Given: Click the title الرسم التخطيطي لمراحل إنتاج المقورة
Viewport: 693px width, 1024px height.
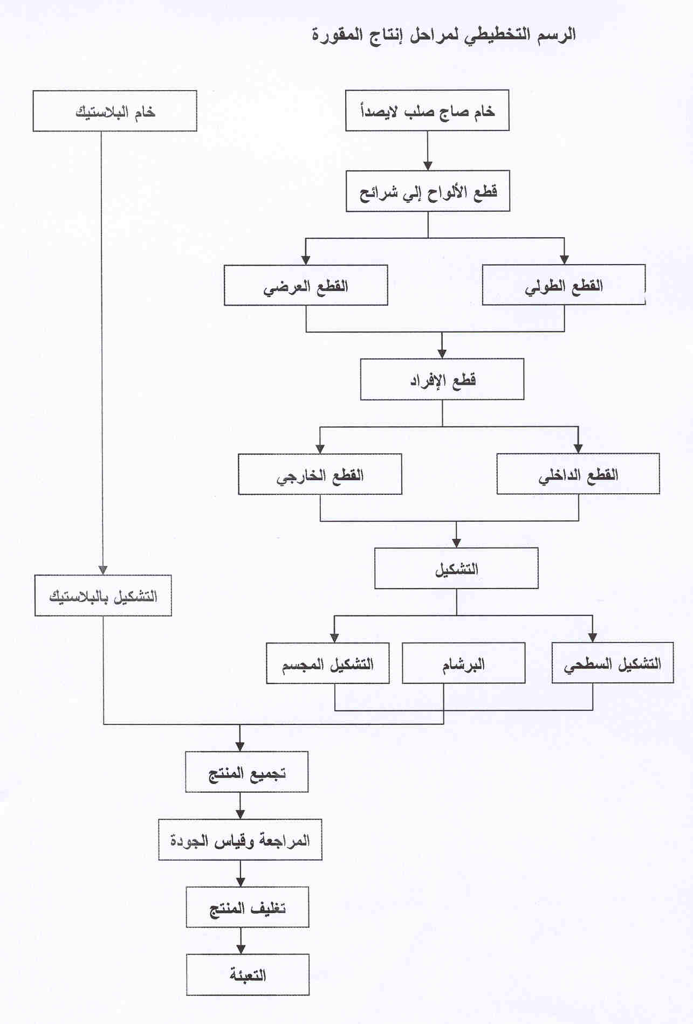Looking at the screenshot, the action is click(444, 35).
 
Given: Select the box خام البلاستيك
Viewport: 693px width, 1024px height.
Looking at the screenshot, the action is click(115, 111).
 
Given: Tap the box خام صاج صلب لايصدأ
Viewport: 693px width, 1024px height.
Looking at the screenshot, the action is click(427, 110).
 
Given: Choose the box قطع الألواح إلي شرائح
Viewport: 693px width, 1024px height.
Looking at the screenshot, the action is click(428, 191).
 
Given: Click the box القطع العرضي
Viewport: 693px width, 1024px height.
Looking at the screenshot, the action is click(306, 285).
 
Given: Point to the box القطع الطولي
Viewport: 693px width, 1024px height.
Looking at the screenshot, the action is click(564, 285).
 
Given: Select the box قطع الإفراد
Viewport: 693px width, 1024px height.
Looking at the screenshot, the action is click(442, 379).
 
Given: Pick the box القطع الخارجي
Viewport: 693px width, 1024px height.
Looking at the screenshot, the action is click(320, 474).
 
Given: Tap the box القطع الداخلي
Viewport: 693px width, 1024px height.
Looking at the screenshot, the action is click(578, 474).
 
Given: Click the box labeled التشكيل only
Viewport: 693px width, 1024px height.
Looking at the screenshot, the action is click(456, 568).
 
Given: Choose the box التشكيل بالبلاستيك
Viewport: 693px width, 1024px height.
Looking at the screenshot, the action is click(103, 596).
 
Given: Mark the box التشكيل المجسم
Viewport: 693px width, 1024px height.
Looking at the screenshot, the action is click(328, 663).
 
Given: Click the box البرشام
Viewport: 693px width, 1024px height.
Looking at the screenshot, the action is click(464, 663).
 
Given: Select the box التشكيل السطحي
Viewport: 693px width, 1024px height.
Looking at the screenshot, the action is click(613, 663).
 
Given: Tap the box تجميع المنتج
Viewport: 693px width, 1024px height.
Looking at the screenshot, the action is click(247, 772).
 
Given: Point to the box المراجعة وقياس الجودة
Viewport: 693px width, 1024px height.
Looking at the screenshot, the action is click(240, 840).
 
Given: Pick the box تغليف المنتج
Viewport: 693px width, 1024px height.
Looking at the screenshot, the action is click(248, 907).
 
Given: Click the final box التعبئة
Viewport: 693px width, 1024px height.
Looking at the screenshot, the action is click(248, 974).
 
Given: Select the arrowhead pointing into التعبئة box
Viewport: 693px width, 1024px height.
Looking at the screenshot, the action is click(241, 949).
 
